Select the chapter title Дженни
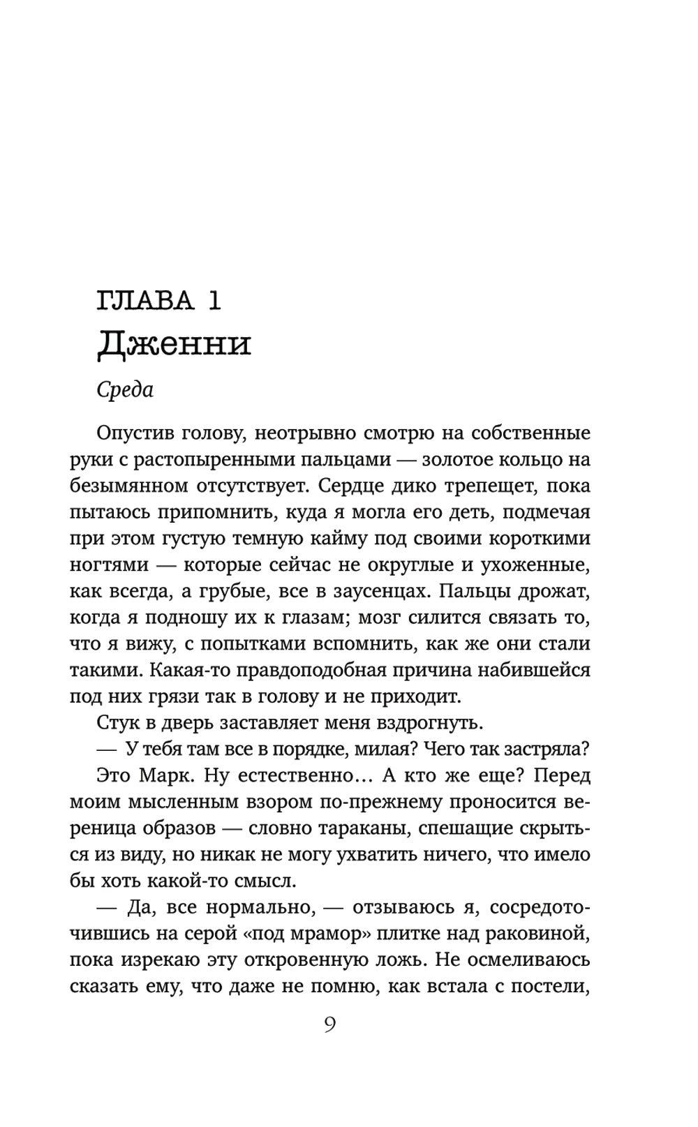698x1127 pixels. point(174,343)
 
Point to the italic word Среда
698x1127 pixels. point(125,389)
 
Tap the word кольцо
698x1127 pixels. point(542,459)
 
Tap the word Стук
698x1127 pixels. point(120,722)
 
